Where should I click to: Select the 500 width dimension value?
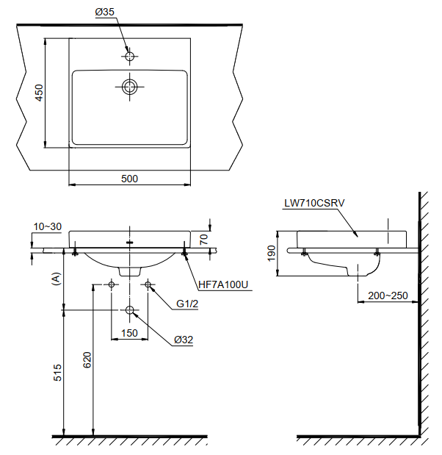click(129, 178)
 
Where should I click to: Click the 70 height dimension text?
click(203, 238)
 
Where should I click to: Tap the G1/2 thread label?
click(188, 304)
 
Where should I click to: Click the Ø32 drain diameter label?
click(184, 340)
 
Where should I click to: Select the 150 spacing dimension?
click(129, 332)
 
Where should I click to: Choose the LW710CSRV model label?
click(314, 204)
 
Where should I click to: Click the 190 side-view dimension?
click(272, 254)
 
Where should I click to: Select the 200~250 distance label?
click(388, 295)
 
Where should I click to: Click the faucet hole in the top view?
click(130, 56)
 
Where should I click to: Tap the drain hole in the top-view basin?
click(130, 87)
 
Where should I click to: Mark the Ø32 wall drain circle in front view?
click(130, 310)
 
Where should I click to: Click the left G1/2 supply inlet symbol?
click(112, 284)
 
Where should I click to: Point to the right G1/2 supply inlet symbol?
click(148, 284)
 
